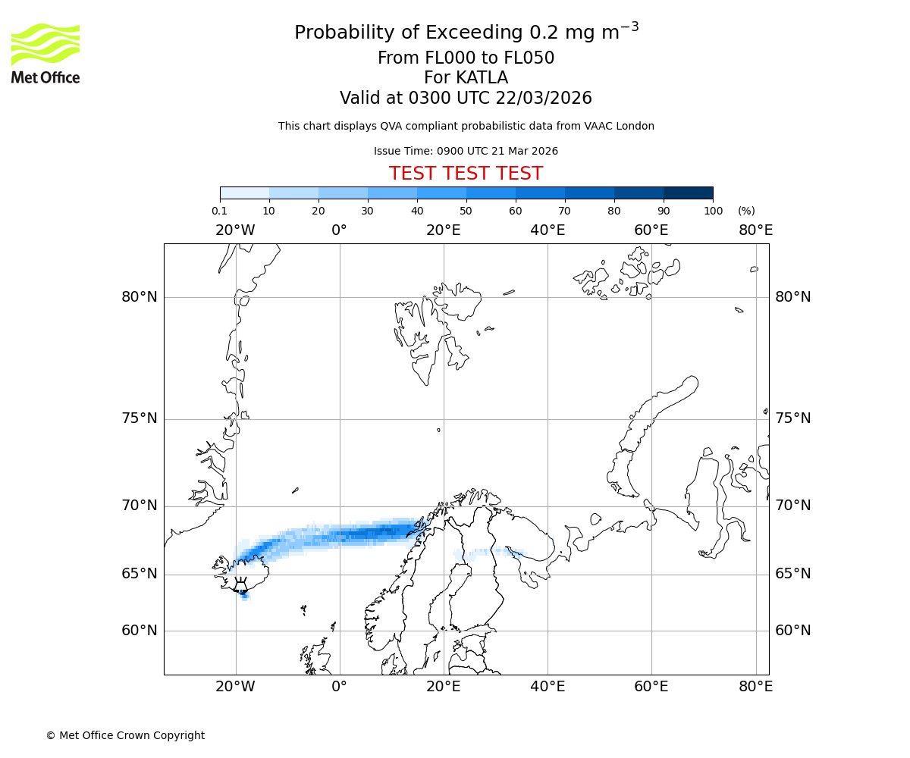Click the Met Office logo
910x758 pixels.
click(45, 53)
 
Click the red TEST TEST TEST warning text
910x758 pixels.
click(466, 174)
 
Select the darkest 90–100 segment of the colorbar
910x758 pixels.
click(688, 193)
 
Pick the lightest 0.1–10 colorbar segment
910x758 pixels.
click(245, 193)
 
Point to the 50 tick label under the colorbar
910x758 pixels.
click(466, 211)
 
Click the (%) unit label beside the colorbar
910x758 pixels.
click(746, 211)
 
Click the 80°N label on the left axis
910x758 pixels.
click(140, 297)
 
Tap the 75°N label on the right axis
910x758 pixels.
click(792, 418)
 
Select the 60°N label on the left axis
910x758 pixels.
click(140, 631)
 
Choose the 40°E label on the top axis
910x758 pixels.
click(548, 230)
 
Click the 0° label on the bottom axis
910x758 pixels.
click(339, 687)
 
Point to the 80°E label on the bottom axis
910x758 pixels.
click(755, 687)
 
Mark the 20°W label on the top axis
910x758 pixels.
click(235, 230)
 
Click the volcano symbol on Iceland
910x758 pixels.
click(240, 585)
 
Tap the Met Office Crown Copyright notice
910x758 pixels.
click(125, 735)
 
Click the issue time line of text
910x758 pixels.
click(466, 151)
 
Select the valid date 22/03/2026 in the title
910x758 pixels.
click(544, 99)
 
